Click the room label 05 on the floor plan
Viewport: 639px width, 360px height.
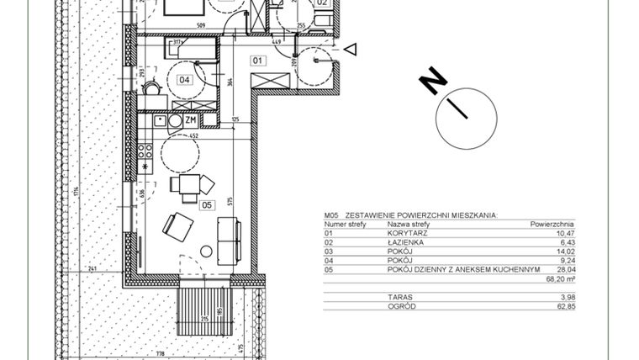point(207,203)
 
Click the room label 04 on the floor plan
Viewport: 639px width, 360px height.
point(186,81)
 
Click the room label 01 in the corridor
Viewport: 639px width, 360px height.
point(259,60)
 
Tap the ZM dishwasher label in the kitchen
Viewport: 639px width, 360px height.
point(191,120)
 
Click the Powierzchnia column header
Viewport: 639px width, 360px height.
point(552,225)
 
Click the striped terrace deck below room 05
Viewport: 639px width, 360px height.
point(203,307)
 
